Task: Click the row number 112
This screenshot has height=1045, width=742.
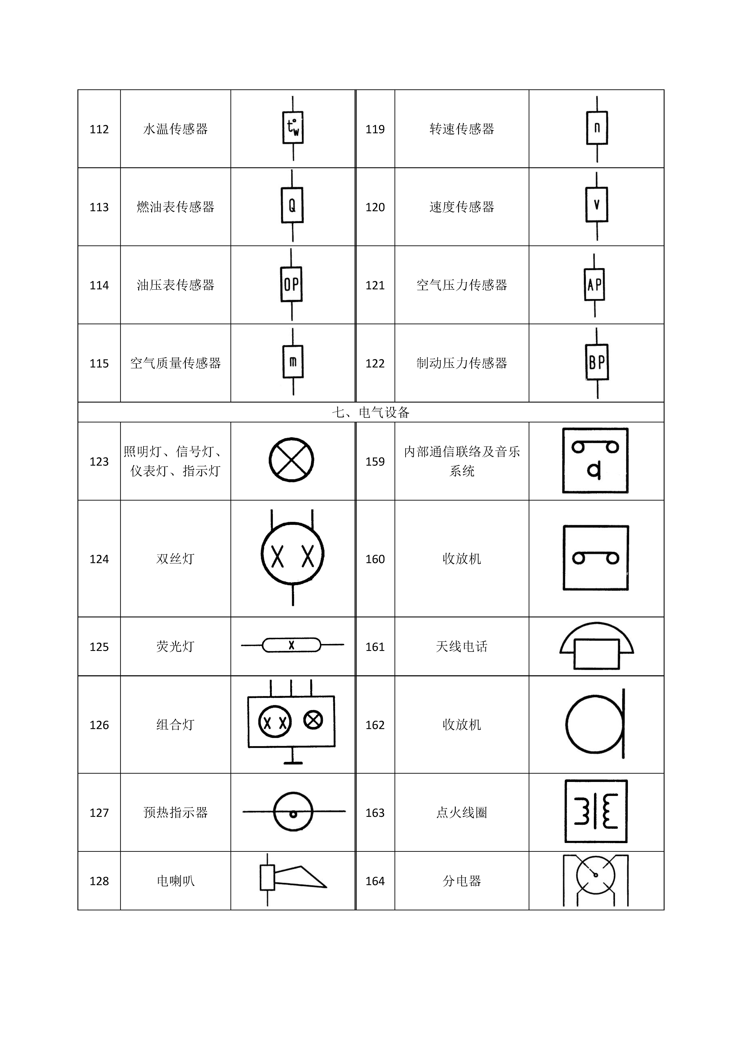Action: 99,129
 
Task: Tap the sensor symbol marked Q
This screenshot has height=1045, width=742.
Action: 292,206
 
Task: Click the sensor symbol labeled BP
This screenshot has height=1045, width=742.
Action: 597,362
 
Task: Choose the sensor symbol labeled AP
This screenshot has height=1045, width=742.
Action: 594,284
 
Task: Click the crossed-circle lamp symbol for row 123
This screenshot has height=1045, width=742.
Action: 291,460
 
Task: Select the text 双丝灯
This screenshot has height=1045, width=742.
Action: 175,559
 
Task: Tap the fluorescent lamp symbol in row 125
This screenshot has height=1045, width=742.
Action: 291,645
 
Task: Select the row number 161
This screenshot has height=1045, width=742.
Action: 375,647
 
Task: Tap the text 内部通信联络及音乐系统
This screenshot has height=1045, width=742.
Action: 461,461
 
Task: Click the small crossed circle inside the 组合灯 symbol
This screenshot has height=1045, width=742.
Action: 313,720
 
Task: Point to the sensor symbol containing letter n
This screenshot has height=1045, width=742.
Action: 597,128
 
